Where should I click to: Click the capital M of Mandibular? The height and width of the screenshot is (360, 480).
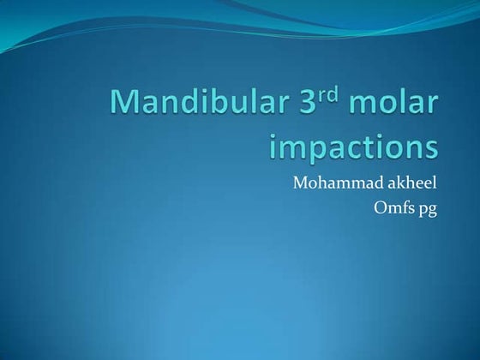[126, 105]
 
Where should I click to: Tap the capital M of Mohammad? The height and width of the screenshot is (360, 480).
[300, 183]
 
